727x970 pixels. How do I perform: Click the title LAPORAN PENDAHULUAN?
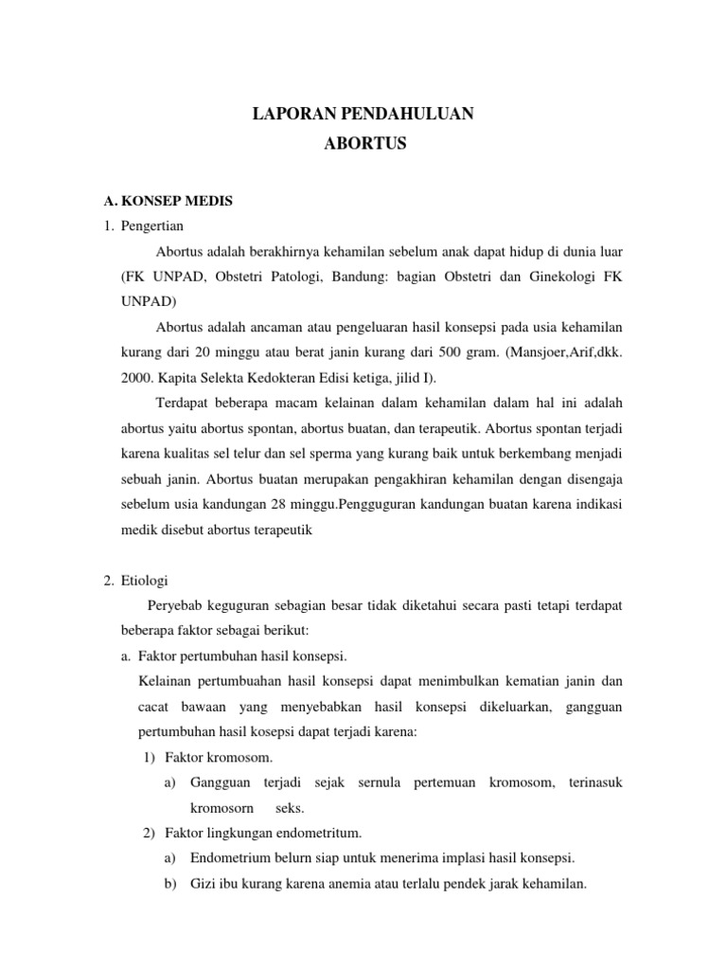click(x=363, y=116)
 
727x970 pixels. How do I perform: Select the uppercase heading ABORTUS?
click(x=363, y=145)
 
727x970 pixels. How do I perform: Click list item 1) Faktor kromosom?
click(x=207, y=758)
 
